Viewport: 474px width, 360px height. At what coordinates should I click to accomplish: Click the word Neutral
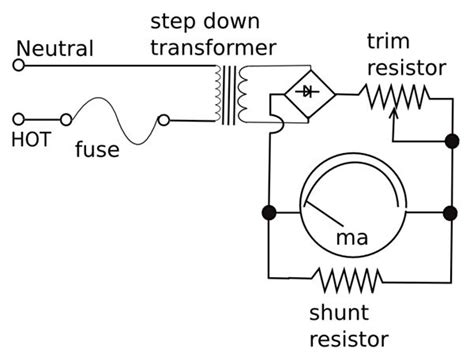pos(57,48)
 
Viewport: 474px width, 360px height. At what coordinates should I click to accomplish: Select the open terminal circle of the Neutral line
pos(17,65)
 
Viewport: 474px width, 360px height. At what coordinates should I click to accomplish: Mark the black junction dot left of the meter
pos(268,212)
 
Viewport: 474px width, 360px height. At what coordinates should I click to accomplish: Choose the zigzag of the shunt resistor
pos(346,276)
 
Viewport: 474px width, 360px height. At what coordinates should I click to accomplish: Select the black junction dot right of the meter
pos(447,212)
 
